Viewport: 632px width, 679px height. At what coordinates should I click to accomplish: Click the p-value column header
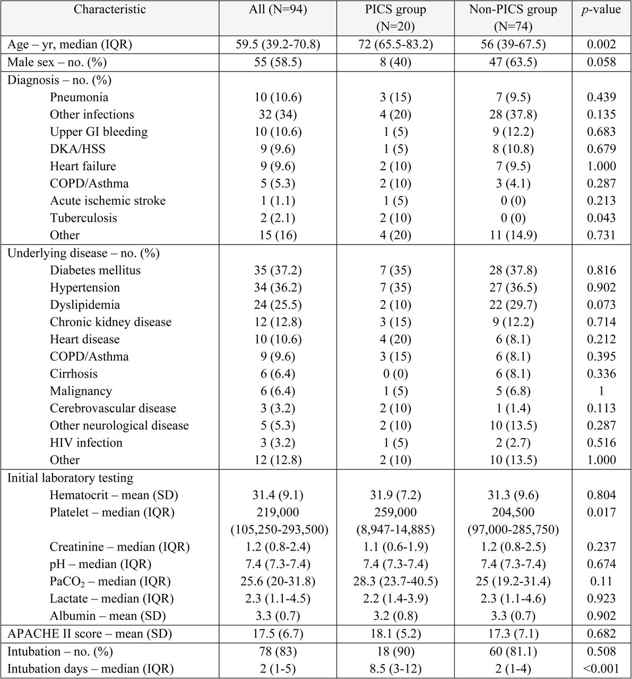601,10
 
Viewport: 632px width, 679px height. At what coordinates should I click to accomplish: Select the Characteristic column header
109,10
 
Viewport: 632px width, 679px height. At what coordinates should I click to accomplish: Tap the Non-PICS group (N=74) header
513,18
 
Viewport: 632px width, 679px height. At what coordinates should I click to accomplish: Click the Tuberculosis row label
83,218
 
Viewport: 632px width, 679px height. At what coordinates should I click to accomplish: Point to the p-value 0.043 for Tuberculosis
601,218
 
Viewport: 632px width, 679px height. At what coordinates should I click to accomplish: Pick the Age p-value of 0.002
601,45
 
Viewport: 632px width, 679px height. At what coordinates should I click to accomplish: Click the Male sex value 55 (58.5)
278,62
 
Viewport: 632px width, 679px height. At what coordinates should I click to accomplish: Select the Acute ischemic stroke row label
108,201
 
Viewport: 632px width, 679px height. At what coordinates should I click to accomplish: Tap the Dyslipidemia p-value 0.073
601,304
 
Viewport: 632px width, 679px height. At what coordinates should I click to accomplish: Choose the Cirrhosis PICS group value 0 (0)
395,373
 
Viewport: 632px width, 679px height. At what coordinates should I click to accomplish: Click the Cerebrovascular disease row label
113,408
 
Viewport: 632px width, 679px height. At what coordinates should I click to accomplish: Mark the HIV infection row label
86,443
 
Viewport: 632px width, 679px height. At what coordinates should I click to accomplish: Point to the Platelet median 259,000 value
395,512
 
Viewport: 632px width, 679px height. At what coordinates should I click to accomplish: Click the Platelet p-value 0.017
601,512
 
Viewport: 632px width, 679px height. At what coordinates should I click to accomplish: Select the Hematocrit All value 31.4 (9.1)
278,495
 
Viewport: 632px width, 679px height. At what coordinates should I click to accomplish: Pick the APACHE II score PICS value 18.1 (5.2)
395,634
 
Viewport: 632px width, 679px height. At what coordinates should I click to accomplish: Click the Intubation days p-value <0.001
601,669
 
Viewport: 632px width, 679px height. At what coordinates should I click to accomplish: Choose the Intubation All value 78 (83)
278,651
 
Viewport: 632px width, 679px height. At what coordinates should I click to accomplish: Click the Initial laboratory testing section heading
71,478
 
